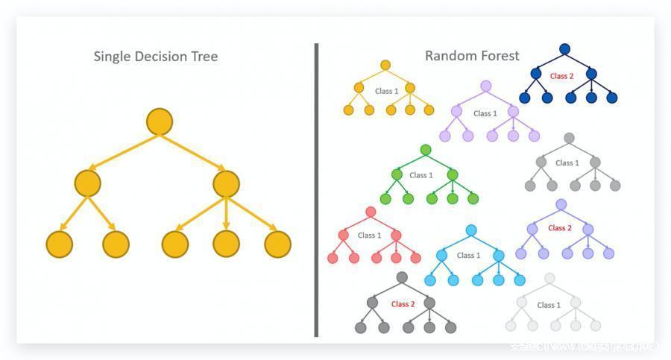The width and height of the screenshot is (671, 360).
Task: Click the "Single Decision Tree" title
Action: pos(155,56)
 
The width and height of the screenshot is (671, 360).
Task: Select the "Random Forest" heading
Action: pos(472,55)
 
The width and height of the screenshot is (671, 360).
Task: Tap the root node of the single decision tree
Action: pos(160,121)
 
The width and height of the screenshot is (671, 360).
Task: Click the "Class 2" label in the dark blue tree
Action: pos(561,76)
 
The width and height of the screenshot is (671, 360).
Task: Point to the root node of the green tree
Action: pos(426,150)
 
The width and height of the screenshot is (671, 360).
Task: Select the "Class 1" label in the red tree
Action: pos(369,235)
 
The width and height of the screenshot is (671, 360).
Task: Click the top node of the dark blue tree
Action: pos(564,49)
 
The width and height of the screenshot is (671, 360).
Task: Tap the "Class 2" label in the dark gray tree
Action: pos(403,303)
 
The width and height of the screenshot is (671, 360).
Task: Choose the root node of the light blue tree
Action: pos(470,230)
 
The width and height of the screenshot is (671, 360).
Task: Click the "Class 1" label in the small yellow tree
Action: pos(386,91)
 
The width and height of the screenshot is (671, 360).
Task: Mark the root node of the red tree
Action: pos(371,212)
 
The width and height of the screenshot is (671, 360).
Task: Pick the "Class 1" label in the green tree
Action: pos(420,175)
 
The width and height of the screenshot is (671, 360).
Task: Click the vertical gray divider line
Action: pos(316,190)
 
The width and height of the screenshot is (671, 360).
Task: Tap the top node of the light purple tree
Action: pos(486,86)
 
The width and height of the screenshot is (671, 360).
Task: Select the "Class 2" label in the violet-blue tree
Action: pos(560,228)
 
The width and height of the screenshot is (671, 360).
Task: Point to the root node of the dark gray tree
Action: pos(402,277)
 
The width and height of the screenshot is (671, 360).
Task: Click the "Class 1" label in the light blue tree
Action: pos(468,255)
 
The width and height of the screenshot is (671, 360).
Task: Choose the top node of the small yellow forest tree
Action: pos(385,65)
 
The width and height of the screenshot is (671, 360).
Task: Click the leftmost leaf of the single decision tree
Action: pos(60,244)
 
